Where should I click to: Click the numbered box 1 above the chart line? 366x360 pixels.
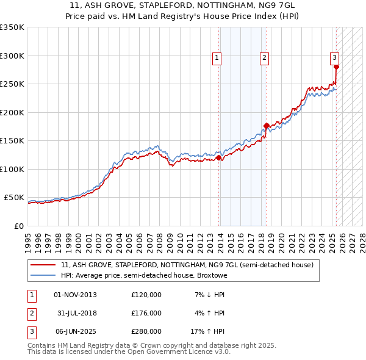217,58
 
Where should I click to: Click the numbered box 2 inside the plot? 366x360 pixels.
264,58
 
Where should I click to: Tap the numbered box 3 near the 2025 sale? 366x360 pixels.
335,58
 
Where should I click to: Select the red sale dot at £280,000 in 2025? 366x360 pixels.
336,68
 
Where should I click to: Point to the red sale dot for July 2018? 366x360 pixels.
266,126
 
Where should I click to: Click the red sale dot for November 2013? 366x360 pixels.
218,158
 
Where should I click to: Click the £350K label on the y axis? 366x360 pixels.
12,27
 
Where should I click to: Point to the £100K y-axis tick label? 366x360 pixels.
12,169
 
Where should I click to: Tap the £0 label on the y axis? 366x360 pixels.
18,226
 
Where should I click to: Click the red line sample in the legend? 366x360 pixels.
43,265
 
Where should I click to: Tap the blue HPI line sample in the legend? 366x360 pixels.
43,275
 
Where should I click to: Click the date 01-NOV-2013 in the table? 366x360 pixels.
76,295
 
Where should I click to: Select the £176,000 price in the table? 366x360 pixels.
146,313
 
